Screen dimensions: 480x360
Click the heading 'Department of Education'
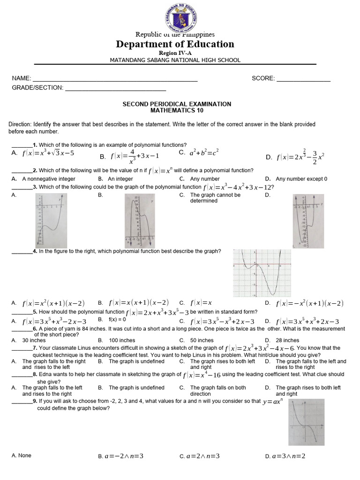(x=175, y=45)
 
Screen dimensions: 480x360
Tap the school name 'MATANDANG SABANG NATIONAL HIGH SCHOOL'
(x=175, y=60)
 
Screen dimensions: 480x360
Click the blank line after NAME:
(x=115, y=79)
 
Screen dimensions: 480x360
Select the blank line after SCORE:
(x=303, y=79)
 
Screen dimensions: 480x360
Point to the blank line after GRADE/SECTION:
(x=115, y=88)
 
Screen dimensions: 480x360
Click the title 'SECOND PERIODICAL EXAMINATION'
(x=177, y=104)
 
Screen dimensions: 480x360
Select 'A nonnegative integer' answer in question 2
(x=49, y=179)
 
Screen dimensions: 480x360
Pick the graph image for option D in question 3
(x=307, y=220)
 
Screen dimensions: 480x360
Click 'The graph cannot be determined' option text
(x=215, y=198)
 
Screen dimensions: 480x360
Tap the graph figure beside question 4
(x=262, y=273)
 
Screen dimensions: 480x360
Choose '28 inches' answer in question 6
(x=287, y=340)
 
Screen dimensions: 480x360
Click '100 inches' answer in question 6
(x=122, y=340)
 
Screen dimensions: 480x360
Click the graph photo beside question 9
(x=307, y=422)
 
